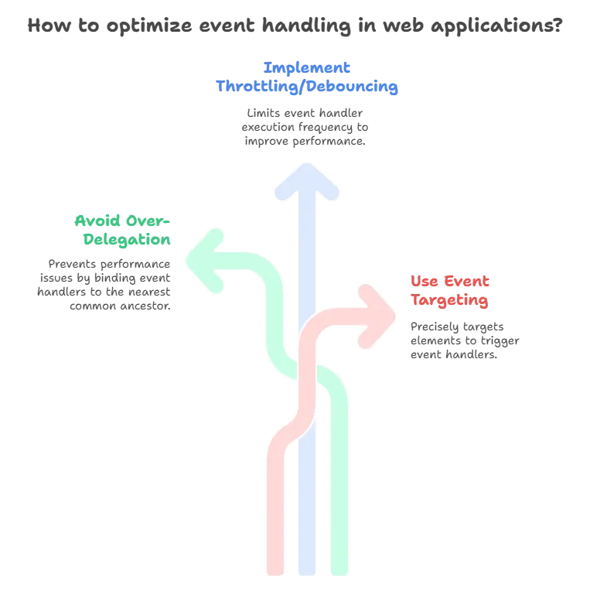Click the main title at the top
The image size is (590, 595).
tap(295, 26)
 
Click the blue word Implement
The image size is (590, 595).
tap(309, 67)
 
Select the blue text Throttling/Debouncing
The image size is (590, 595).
tap(309, 87)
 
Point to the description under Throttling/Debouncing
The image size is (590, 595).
tap(306, 128)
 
